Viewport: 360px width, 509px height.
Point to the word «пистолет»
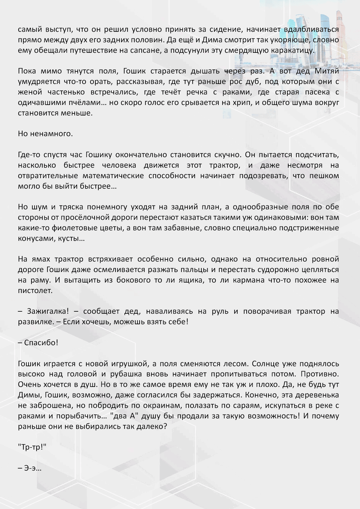click(x=35, y=291)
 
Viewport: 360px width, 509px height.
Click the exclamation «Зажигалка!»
click(x=48, y=311)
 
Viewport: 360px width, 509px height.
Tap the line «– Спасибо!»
click(x=38, y=343)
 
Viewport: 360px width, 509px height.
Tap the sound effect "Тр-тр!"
click(x=32, y=447)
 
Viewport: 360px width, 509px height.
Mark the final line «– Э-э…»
click(x=30, y=468)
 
